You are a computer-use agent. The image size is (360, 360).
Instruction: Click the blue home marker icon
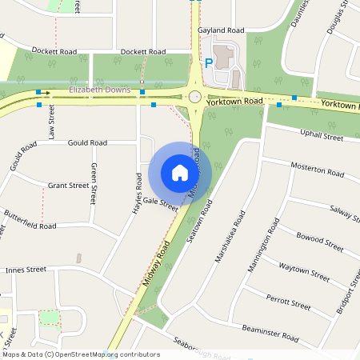pyautogui.click(x=180, y=173)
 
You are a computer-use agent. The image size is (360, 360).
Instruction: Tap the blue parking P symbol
pyautogui.click(x=210, y=62)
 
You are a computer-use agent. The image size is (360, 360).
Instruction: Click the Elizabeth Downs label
pyautogui.click(x=99, y=90)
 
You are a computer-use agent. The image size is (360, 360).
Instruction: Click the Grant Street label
pyautogui.click(x=68, y=186)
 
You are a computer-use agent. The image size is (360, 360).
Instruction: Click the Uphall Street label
pyautogui.click(x=321, y=136)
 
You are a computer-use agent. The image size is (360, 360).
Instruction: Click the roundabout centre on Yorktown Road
pyautogui.click(x=194, y=97)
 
